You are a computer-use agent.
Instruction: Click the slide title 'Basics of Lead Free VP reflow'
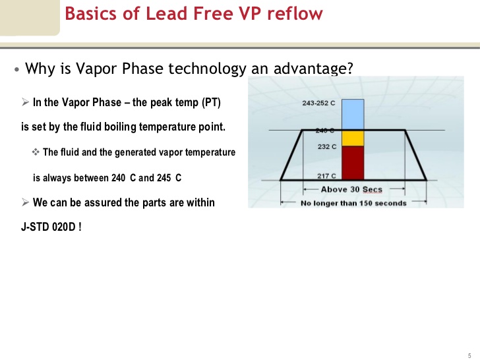(193, 14)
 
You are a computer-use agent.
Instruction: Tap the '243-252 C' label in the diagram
(318, 104)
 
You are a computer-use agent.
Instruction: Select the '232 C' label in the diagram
(327, 146)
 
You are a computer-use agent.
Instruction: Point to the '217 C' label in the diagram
(326, 176)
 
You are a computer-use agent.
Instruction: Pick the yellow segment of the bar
(353, 138)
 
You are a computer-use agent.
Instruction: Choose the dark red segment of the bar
(353, 162)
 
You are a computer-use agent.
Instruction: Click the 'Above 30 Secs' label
(351, 190)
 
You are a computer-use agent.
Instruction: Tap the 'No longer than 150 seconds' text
(353, 203)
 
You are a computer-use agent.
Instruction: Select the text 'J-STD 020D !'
(51, 227)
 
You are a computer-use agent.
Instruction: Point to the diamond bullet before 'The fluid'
(36, 152)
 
